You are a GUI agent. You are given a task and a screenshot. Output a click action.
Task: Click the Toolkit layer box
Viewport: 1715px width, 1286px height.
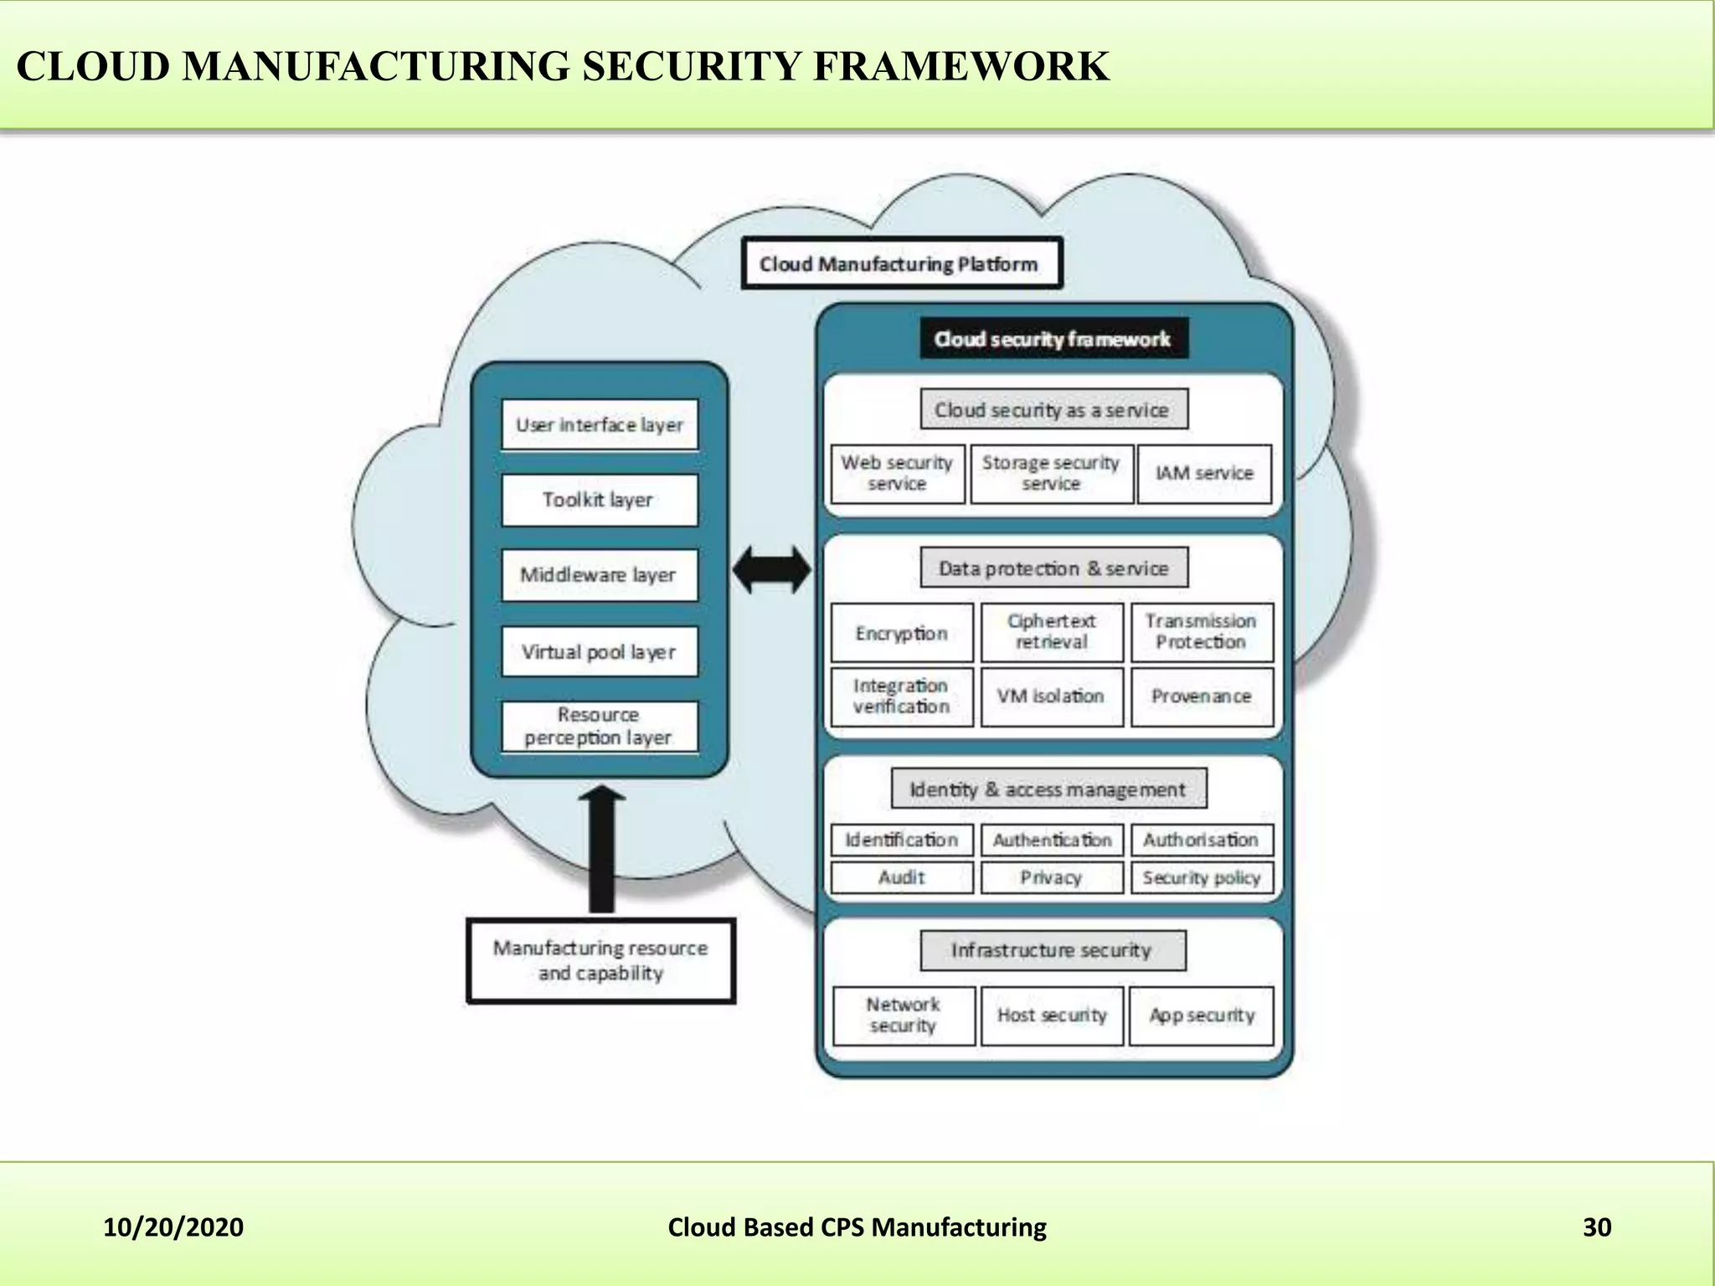coord(599,500)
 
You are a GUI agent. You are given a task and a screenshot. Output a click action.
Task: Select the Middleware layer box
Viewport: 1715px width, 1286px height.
coord(599,575)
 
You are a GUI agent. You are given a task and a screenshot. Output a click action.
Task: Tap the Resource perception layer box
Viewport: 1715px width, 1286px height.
coord(599,726)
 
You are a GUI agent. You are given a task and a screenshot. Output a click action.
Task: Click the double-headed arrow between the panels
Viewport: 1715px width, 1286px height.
coord(771,571)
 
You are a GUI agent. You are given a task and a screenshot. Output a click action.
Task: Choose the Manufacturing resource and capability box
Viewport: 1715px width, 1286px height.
coord(600,960)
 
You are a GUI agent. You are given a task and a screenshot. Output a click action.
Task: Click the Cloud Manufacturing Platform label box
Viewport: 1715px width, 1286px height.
coord(900,264)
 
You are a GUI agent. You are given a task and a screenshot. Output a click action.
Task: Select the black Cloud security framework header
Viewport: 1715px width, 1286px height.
coord(1053,339)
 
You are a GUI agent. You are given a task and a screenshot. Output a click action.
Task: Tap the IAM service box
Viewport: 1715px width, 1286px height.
coord(1204,473)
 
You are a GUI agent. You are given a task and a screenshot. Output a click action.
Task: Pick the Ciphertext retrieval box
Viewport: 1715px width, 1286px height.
coord(1052,632)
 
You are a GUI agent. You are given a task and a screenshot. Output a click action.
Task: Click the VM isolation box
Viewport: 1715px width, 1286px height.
coord(1052,696)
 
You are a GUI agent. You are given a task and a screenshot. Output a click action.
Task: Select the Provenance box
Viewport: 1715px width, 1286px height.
coord(1201,696)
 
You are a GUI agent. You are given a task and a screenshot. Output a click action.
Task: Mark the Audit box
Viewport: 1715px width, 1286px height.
coord(902,877)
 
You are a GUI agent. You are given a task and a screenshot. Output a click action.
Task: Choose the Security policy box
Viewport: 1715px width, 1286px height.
coord(1201,877)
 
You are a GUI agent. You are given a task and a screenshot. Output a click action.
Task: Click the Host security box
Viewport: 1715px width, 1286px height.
coord(1052,1016)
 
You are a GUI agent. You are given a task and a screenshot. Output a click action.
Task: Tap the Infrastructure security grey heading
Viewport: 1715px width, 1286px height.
coord(1052,950)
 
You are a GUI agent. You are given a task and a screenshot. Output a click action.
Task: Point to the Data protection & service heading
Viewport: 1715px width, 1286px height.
coord(1053,568)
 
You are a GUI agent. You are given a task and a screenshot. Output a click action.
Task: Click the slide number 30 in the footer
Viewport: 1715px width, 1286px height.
coord(1596,1227)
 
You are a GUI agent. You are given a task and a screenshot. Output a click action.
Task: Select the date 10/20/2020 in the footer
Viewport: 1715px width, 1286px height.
coord(173,1227)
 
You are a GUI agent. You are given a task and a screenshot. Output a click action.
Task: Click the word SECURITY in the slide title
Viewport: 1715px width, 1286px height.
coord(691,67)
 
